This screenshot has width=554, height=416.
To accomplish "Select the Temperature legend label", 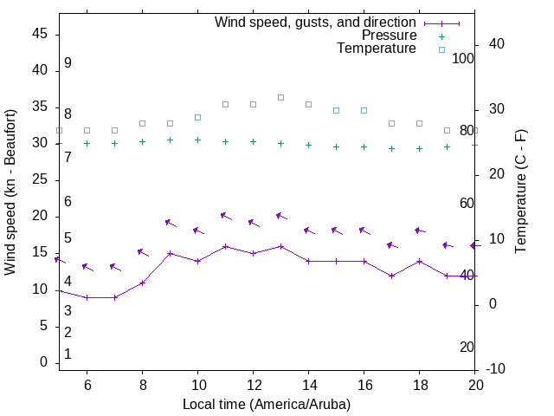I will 377,49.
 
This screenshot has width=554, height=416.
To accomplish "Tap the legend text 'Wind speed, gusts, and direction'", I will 316,23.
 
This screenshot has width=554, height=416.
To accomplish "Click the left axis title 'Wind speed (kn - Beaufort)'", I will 10,192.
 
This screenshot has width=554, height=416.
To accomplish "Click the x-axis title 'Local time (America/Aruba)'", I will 267,404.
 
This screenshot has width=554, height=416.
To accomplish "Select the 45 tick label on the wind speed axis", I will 39,34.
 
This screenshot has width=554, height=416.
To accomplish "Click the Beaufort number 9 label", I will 68,63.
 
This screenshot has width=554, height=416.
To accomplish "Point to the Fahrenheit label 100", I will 464,58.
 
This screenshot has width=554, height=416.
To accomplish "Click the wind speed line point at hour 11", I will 225,246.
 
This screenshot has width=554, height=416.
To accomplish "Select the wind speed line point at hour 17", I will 391,276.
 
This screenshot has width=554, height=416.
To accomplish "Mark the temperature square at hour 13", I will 280,97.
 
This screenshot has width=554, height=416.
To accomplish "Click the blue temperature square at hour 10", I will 197,117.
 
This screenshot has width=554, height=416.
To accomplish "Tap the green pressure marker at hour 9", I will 170,140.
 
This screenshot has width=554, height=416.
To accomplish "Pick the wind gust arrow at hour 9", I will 171,224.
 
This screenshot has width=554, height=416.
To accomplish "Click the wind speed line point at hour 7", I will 114,297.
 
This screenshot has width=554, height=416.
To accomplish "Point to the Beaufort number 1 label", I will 68,354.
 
